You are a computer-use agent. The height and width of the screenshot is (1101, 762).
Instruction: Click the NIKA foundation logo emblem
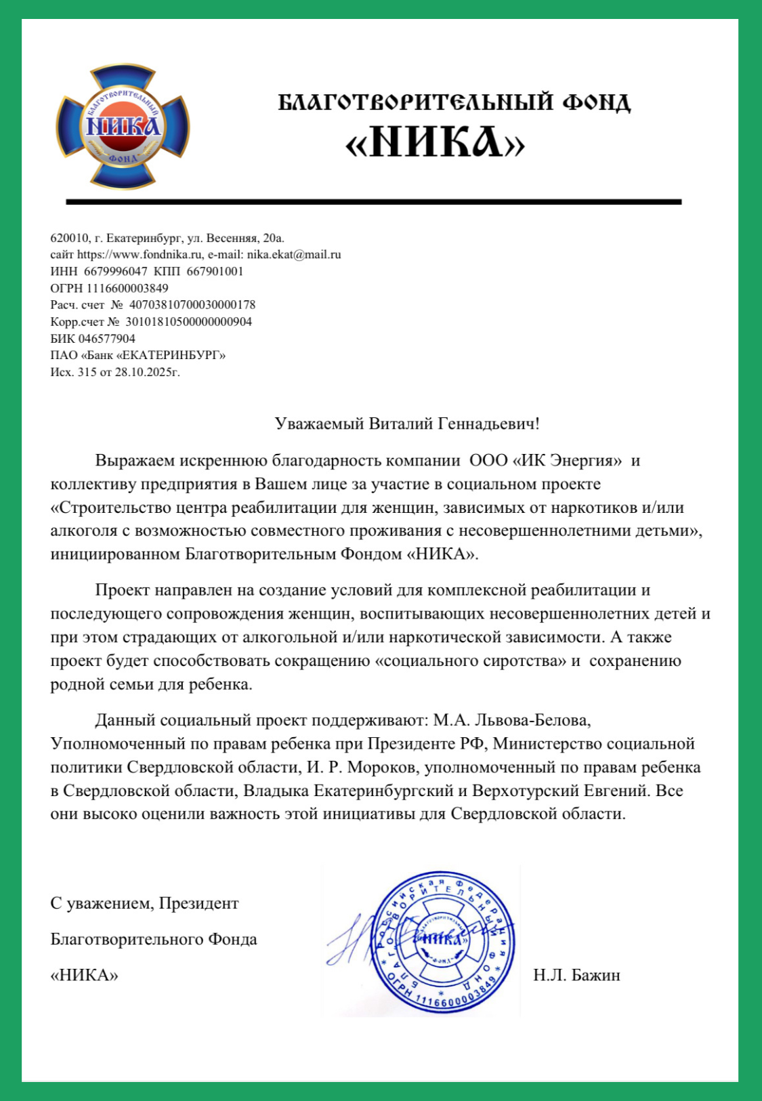123,127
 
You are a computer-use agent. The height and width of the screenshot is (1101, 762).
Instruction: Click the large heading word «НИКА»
435,142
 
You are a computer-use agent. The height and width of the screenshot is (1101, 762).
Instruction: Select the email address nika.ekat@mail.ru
294,255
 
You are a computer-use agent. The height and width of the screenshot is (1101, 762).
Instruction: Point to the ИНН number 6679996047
115,271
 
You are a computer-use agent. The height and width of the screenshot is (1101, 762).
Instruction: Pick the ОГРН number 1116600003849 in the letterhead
127,288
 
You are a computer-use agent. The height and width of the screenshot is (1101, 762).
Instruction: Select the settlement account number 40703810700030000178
192,305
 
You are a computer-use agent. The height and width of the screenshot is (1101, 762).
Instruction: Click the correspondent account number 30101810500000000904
189,322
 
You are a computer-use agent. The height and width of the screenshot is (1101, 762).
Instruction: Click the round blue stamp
442,940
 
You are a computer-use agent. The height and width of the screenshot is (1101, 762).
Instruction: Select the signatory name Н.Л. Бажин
576,976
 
